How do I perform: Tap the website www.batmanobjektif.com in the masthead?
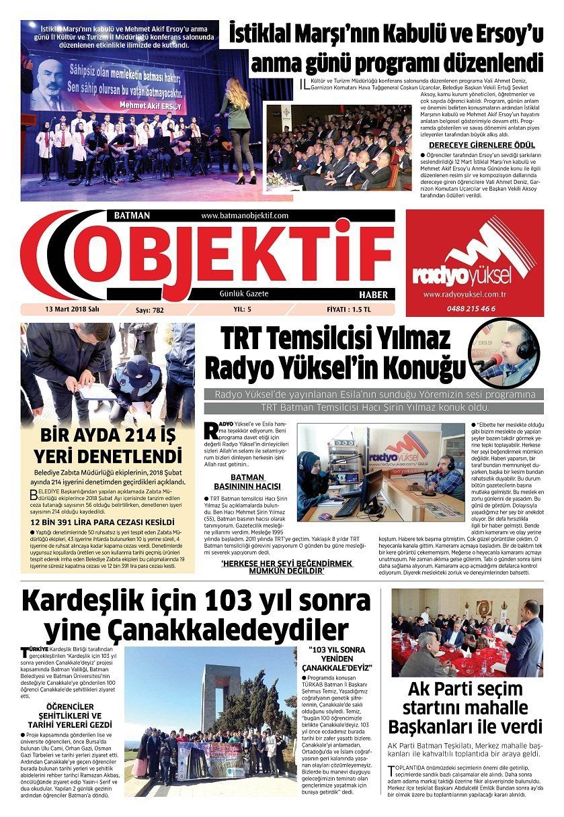tap(245, 215)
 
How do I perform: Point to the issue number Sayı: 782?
tap(150, 310)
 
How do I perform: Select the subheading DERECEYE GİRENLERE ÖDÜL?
tap(481, 145)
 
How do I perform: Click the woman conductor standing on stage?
tap(237, 128)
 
